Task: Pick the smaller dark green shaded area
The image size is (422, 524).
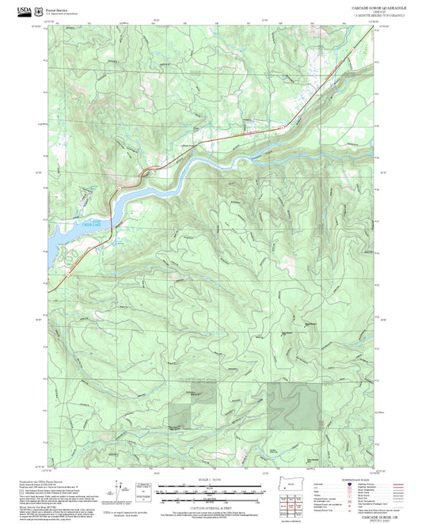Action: pyautogui.click(x=181, y=408)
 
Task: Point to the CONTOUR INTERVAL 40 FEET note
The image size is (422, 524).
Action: pyautogui.click(x=211, y=507)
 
